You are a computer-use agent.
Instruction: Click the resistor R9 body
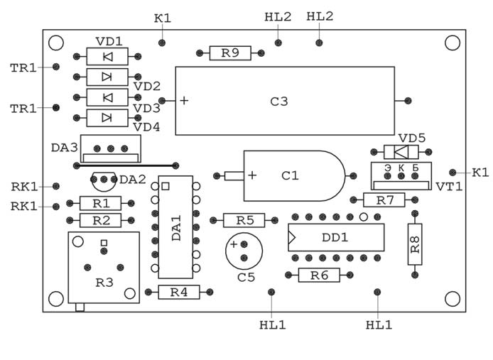[x=230, y=53]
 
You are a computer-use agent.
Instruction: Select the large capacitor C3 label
[x=279, y=102]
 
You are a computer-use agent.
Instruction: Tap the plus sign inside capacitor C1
[x=252, y=175]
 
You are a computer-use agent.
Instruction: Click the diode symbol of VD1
[x=107, y=57]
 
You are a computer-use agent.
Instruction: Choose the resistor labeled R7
[x=385, y=200]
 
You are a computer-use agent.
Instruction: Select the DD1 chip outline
[x=336, y=237]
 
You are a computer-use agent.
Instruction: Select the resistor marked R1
[x=100, y=203]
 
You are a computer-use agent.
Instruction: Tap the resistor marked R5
[x=244, y=220]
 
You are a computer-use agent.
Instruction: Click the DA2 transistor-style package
[x=104, y=182]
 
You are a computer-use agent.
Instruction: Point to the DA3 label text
[x=64, y=148]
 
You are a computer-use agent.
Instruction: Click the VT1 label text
[x=449, y=187]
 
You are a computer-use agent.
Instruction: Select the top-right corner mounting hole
[x=452, y=43]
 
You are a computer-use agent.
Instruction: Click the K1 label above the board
[x=162, y=17]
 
